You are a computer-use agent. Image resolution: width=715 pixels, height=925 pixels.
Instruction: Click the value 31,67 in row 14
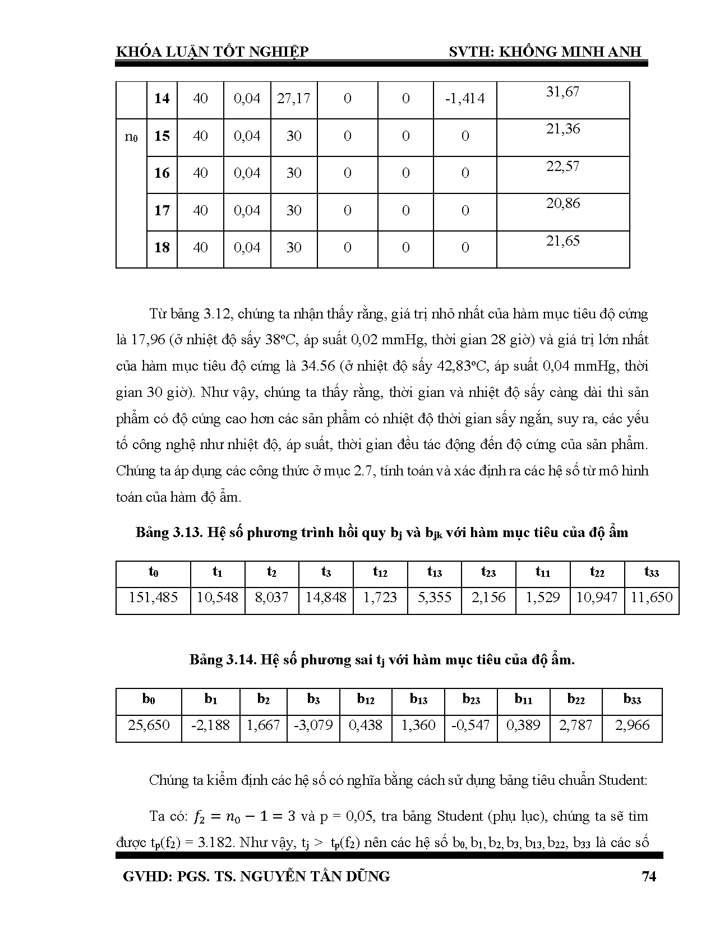(x=562, y=92)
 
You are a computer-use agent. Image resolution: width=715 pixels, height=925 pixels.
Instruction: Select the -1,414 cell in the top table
(x=464, y=99)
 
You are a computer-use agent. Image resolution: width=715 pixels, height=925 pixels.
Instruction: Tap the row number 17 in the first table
(x=162, y=211)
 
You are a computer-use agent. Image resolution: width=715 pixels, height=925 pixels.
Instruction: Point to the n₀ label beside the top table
(x=131, y=136)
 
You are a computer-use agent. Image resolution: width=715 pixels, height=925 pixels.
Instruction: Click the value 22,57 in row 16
(x=562, y=166)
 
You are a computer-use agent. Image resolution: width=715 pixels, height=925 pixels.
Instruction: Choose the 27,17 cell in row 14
(x=293, y=99)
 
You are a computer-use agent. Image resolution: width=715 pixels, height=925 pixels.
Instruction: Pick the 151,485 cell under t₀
(x=153, y=598)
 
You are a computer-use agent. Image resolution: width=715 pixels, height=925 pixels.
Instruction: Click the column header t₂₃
(x=488, y=572)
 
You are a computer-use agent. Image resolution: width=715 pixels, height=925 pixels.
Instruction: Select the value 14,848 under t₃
(x=326, y=598)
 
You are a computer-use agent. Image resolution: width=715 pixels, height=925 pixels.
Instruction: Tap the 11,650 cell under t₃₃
(x=651, y=598)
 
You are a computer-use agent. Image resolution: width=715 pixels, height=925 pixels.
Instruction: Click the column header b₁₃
(x=418, y=700)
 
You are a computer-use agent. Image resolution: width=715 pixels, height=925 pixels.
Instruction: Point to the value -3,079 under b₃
(x=313, y=725)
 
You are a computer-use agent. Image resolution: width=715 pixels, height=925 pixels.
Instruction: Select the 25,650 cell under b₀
(x=149, y=725)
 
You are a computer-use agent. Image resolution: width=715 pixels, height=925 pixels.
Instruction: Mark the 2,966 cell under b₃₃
(x=632, y=725)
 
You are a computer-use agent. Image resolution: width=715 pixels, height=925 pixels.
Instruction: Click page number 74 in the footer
(x=648, y=877)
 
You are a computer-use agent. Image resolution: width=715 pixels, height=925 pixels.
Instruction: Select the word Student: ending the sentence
(x=623, y=780)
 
